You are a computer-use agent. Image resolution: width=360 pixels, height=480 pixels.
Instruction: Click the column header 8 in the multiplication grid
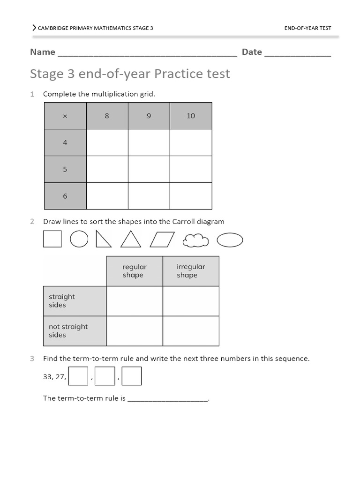[107, 116]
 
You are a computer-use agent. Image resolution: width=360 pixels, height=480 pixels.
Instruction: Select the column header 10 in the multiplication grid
[191, 116]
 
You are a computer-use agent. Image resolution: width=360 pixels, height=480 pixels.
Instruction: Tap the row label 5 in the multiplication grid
[65, 169]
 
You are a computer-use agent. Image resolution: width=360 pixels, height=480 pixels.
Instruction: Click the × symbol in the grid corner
[65, 116]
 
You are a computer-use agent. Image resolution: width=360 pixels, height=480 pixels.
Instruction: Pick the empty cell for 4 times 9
[149, 142]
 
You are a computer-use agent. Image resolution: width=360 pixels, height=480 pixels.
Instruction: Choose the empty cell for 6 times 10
[191, 196]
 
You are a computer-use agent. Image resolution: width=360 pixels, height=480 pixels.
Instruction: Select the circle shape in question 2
[79, 239]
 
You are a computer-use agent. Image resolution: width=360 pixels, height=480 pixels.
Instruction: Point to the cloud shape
[195, 240]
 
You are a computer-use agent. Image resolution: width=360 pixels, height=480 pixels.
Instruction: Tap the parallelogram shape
[162, 240]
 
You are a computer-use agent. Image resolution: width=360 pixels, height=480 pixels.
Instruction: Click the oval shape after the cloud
[230, 240]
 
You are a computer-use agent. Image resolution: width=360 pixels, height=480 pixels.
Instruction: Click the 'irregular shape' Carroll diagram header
[191, 271]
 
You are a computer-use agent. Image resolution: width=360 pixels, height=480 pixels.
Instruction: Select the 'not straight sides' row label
[68, 330]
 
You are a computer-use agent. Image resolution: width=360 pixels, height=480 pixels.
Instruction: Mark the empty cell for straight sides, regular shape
[135, 301]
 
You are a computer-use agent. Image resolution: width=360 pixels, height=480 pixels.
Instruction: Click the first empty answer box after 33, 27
[78, 376]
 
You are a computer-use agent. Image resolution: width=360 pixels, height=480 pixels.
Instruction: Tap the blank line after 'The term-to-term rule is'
[167, 398]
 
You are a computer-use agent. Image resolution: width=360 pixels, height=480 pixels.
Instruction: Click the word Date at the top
[252, 52]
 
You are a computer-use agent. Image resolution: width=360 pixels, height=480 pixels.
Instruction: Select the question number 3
[32, 359]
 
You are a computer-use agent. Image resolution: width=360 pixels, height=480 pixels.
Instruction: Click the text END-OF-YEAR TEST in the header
[307, 28]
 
